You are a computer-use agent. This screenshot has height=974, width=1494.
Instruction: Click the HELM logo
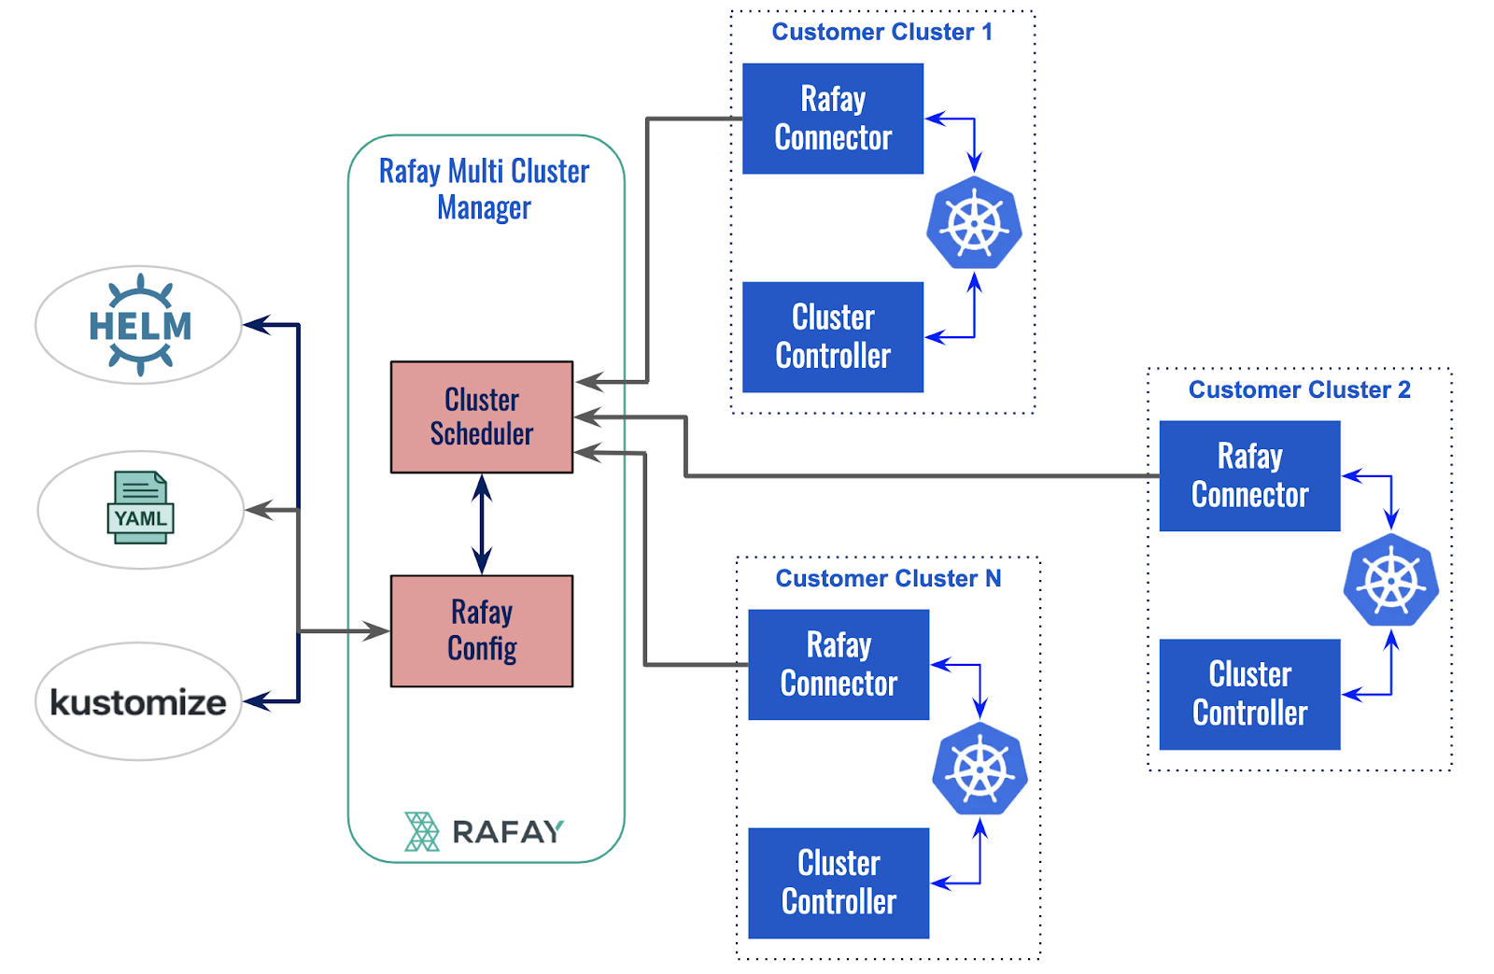(140, 325)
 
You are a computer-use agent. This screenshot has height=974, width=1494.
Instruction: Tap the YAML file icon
(140, 508)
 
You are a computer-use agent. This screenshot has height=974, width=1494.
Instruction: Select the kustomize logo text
(138, 702)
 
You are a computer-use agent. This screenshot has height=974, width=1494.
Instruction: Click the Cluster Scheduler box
(482, 416)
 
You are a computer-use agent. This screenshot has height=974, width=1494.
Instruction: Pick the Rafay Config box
(482, 630)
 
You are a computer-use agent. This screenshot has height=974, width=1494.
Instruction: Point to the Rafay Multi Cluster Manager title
(484, 189)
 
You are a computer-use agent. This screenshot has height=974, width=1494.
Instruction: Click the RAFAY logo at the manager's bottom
(485, 831)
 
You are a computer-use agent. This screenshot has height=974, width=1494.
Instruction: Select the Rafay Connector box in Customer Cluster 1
(833, 119)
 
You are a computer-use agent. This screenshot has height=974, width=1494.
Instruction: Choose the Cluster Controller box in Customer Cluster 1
(833, 337)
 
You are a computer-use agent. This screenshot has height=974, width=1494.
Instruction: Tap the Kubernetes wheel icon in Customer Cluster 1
(974, 224)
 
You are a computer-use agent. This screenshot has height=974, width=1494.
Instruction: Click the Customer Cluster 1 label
(882, 32)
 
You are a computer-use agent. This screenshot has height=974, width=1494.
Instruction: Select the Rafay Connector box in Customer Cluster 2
(1249, 475)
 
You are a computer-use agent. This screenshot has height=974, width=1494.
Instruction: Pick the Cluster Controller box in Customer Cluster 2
(1249, 694)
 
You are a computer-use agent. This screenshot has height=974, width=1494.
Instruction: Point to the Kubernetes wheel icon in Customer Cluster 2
(1390, 581)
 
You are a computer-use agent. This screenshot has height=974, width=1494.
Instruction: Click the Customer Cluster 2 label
(1299, 389)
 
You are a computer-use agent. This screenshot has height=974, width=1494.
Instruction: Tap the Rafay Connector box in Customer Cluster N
(839, 664)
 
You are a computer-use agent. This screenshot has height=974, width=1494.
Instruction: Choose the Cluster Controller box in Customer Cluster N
(839, 882)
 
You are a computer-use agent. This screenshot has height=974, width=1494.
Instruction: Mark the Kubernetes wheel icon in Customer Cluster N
(980, 769)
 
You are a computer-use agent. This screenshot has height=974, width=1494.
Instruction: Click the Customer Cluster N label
(888, 579)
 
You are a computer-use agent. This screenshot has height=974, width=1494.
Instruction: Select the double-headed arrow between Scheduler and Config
(482, 524)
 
